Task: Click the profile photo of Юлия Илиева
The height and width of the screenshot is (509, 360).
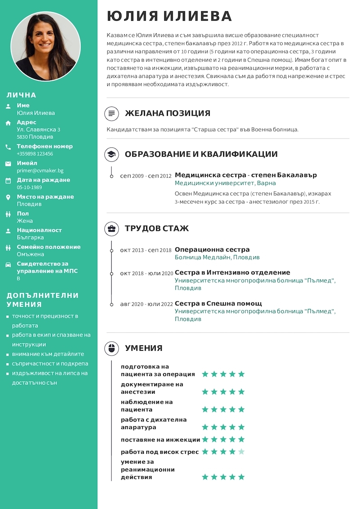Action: [x=45, y=46]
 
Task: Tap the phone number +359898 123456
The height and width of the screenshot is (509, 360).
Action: [x=35, y=154]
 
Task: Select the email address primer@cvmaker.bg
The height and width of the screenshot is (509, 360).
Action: [x=40, y=171]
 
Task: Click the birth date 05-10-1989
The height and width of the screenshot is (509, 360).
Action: [x=29, y=188]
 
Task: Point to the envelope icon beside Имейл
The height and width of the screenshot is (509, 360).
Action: [x=8, y=164]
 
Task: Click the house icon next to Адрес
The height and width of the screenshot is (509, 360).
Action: [x=8, y=123]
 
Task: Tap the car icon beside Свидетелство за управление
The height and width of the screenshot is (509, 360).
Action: [x=8, y=264]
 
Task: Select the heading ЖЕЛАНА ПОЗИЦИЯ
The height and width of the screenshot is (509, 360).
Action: [x=167, y=113]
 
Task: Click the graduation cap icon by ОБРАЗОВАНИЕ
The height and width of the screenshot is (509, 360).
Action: [x=112, y=155]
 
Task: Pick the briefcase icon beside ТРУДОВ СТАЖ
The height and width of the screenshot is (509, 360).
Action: [x=112, y=228]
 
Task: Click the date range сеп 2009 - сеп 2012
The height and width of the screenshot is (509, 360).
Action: [x=146, y=176]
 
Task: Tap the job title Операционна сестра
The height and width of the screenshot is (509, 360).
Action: [x=212, y=250]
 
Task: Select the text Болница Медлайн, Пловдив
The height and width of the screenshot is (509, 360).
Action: [x=217, y=258]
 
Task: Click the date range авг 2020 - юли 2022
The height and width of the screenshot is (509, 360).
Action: [x=146, y=304]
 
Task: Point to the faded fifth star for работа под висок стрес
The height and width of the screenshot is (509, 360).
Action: [x=241, y=451]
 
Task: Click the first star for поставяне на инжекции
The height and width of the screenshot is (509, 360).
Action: [x=205, y=439]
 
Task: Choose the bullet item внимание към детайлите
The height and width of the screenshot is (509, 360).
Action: [x=48, y=354]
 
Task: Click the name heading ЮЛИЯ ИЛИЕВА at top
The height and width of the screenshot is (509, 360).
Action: [x=169, y=16]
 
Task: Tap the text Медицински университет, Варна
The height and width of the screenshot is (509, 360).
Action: [x=225, y=183]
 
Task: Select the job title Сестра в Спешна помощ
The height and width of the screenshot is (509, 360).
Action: [x=218, y=304]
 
